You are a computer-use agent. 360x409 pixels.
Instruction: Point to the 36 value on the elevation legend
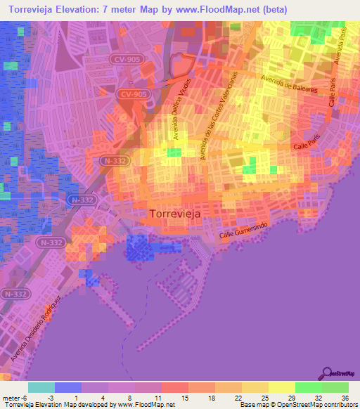coord(345,397)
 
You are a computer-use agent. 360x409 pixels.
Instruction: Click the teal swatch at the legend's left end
coord(41,387)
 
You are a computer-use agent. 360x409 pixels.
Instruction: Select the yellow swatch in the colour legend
coord(281,387)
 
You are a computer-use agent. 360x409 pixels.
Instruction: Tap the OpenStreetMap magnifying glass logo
coord(328,373)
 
